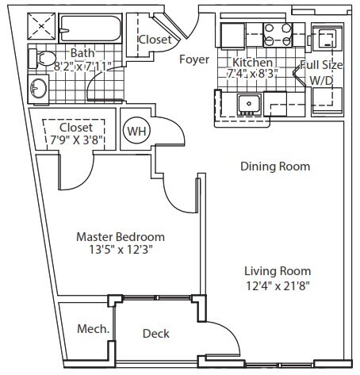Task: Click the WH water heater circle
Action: point(136,131)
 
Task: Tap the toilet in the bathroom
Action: point(42,59)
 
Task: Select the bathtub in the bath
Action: point(90,29)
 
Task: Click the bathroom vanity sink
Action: point(39,89)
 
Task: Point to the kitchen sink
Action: point(249,105)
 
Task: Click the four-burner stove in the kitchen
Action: point(278,35)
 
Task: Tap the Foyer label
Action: point(194,59)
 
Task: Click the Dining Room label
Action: point(275,166)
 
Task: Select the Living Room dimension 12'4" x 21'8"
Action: point(278,285)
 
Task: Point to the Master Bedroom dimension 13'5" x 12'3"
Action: point(121,250)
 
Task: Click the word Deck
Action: point(156,334)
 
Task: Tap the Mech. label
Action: point(93,329)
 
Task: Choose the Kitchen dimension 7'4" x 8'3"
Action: point(252,74)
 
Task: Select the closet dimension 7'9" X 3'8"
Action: point(76,140)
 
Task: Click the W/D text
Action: point(321,81)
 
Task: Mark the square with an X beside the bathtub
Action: point(41,26)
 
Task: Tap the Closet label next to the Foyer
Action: point(155,40)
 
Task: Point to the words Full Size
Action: point(321,65)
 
